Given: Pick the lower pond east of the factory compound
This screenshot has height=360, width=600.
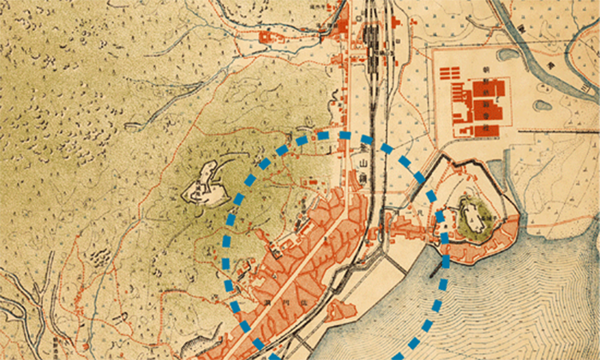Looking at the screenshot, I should [x=542, y=106].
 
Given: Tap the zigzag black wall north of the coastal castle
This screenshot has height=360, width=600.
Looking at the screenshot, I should [x=463, y=163].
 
